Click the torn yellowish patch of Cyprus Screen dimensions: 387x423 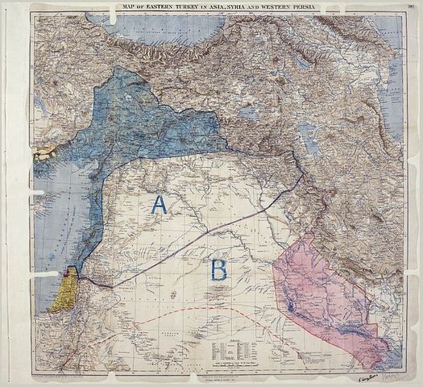[44, 151]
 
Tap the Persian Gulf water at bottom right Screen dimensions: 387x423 [395, 363]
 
